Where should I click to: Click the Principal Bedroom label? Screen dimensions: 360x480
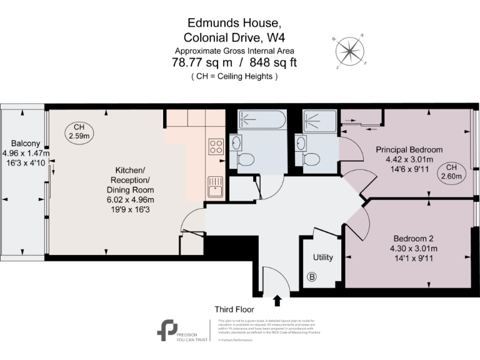(409, 150)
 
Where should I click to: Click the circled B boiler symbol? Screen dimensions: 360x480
(311, 277)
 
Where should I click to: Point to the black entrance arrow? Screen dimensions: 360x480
(277, 301)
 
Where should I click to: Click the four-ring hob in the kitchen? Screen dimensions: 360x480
(216, 147)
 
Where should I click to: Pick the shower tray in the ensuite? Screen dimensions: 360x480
(321, 120)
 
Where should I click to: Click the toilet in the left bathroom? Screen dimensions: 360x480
(246, 157)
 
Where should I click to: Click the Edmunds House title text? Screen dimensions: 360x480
(234, 22)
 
